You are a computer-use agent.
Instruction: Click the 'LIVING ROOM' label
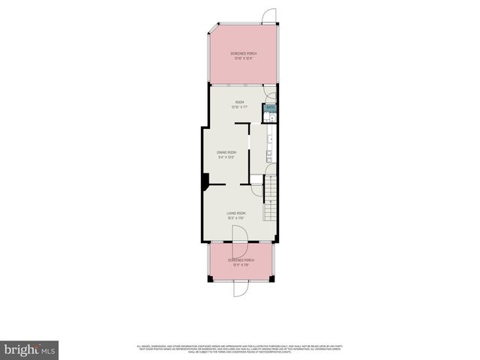[237, 213]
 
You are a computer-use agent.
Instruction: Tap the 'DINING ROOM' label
[226, 152]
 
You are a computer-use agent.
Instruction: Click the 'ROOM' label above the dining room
[240, 102]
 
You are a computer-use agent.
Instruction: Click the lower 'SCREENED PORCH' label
[241, 260]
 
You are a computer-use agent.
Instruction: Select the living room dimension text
[237, 218]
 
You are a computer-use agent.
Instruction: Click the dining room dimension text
[226, 157]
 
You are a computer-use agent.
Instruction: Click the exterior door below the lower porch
[241, 289]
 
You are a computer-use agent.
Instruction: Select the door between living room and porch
[240, 234]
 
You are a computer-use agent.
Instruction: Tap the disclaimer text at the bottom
[240, 348]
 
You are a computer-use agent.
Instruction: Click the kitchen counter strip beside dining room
[268, 146]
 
